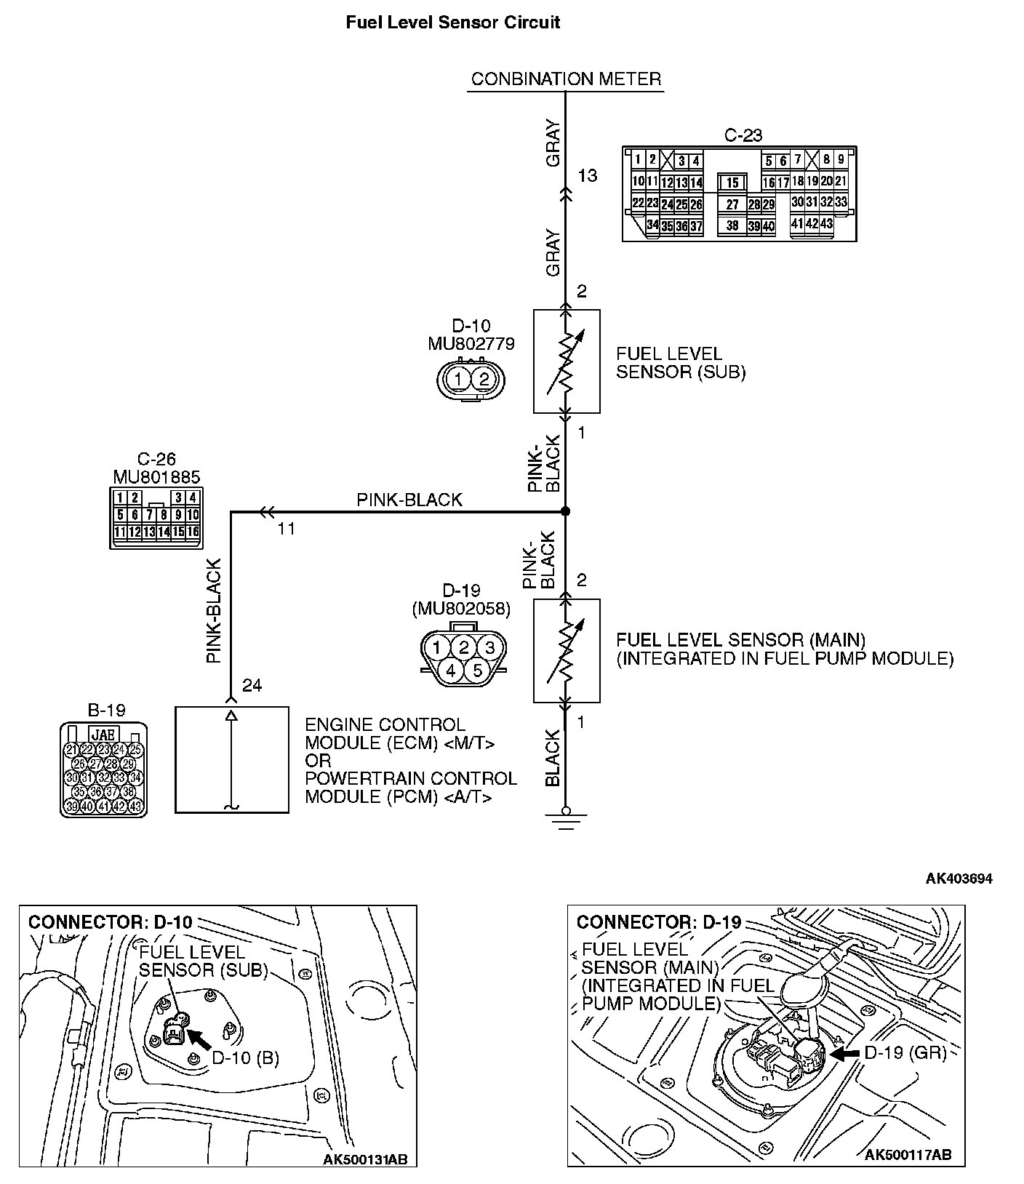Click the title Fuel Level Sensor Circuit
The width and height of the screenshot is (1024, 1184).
tap(452, 23)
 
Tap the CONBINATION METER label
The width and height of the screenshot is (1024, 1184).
tap(566, 79)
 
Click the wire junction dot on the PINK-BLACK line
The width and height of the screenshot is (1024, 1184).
tap(566, 511)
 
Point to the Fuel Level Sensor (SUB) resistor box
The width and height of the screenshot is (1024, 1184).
tap(567, 361)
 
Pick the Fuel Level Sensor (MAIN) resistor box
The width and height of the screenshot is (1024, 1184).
tap(567, 651)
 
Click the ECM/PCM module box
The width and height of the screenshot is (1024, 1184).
tap(232, 759)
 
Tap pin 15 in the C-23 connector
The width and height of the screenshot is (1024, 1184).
tap(732, 183)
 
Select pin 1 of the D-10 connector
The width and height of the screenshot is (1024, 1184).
tap(458, 379)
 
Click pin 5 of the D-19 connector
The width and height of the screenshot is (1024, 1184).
tap(477, 670)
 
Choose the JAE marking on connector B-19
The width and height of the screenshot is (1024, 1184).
tap(104, 734)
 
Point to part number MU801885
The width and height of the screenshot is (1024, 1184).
tap(156, 477)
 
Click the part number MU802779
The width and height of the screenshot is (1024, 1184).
tap(471, 343)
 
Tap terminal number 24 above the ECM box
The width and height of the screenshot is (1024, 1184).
tap(252, 685)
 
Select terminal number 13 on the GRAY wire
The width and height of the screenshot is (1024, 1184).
tap(587, 175)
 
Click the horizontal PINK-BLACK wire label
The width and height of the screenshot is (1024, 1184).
tap(409, 500)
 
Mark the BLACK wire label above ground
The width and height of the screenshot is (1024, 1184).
tap(553, 758)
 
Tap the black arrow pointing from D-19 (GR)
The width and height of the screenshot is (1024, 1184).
tap(844, 1053)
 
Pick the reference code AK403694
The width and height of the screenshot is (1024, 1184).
tap(959, 879)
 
